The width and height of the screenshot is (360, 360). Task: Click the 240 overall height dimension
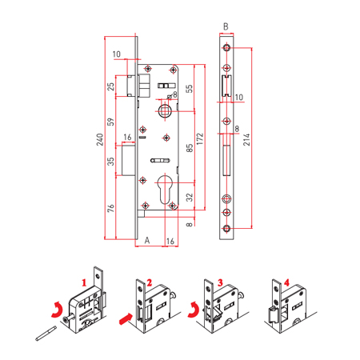tap(100, 139)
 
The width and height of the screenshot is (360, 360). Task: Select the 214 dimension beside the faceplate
tap(246, 139)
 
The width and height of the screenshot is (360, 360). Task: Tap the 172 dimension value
tap(200, 139)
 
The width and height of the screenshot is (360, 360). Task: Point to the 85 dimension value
tap(190, 148)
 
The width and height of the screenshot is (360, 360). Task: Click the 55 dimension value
tap(189, 89)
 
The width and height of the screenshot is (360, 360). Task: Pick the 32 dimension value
tap(189, 198)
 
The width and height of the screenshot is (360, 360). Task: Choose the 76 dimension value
tap(110, 208)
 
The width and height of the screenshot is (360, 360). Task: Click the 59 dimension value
tap(110, 122)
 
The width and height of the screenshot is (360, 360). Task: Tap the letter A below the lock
tap(147, 240)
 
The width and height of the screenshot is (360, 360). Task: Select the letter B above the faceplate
tap(226, 26)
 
